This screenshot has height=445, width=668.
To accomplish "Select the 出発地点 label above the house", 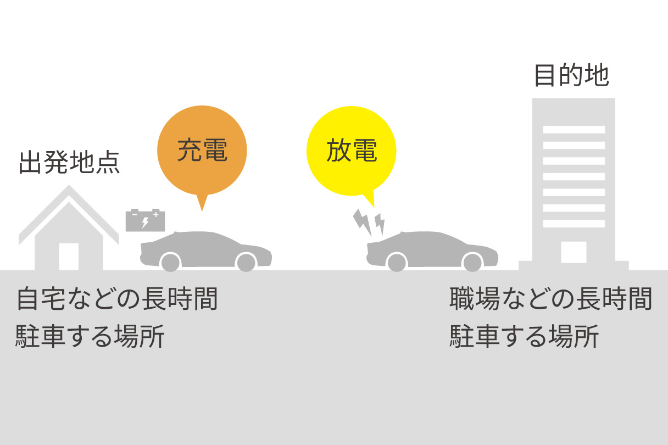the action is (x=69, y=163).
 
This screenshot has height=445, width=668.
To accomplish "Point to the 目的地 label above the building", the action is (x=572, y=75).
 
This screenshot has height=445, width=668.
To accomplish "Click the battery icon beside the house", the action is (x=145, y=220).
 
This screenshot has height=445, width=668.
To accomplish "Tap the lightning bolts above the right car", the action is (x=369, y=222).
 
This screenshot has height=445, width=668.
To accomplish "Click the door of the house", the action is (x=69, y=257).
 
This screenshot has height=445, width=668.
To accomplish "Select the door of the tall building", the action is (x=574, y=252).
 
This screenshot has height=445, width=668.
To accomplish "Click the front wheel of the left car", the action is (x=170, y=263).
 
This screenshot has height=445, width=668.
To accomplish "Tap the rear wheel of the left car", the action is (x=246, y=263).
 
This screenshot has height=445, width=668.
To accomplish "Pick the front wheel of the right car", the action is (x=397, y=263).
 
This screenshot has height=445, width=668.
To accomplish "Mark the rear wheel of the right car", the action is (x=472, y=263).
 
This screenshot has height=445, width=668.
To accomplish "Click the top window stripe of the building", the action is (x=574, y=130).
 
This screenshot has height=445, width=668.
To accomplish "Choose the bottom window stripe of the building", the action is (x=574, y=224).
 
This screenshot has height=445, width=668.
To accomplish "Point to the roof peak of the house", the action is (x=69, y=186).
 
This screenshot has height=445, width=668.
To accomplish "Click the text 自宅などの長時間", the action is (x=117, y=299).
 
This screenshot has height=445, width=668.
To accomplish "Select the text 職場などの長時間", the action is (x=550, y=299).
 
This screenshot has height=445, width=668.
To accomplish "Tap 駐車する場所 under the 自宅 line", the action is (x=90, y=336).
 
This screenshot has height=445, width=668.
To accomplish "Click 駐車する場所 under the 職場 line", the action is (x=524, y=336).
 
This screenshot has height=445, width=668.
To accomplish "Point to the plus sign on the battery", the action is (x=155, y=214).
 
